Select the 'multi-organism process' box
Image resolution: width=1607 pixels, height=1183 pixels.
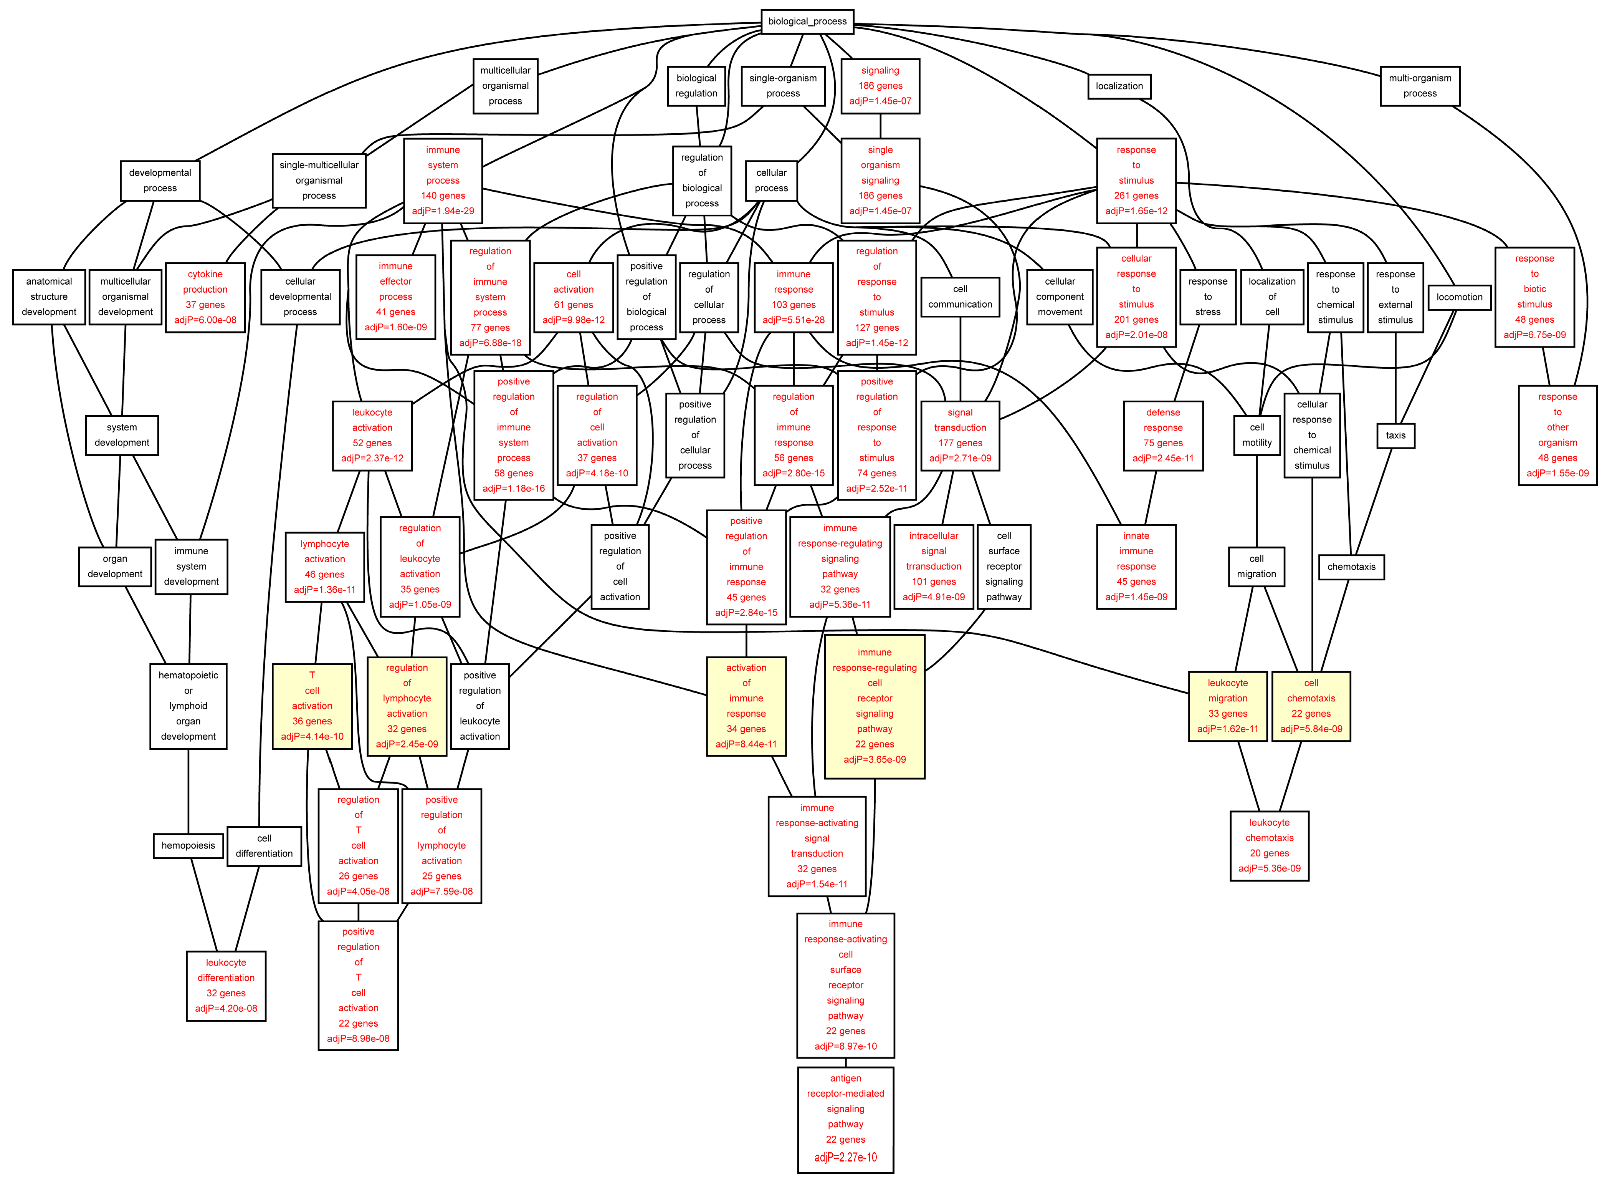tap(1419, 86)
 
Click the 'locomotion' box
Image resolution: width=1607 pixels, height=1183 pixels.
tap(1459, 297)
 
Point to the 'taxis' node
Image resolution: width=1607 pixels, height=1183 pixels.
tap(1395, 436)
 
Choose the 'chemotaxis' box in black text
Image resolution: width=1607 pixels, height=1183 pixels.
tap(1351, 567)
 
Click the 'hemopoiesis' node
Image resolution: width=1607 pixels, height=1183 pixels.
tap(188, 846)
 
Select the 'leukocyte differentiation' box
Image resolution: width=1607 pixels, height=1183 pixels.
tap(226, 985)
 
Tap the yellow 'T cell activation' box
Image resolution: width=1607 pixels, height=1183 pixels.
tap(312, 706)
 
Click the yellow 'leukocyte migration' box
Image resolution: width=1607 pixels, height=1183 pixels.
tap(1228, 706)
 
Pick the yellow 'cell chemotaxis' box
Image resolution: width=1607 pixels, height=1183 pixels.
tap(1311, 706)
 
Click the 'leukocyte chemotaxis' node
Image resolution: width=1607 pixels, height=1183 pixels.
tap(1269, 846)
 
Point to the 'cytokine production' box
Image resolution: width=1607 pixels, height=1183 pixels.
tap(205, 297)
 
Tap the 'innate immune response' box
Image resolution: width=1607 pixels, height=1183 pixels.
tap(1136, 567)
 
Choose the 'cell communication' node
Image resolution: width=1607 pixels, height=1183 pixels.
tap(960, 297)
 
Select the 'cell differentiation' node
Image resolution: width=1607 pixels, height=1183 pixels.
tap(264, 846)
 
